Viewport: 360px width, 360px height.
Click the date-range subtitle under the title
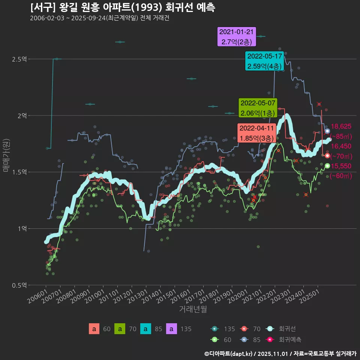click(99, 18)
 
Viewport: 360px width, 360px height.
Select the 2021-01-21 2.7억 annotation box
click(236, 37)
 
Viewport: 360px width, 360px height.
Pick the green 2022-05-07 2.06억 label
click(258, 108)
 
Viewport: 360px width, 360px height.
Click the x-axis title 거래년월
click(193, 309)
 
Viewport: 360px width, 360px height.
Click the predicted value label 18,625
click(341, 126)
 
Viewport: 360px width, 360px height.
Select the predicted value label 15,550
click(341, 166)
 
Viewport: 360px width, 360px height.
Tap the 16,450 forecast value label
click(341, 146)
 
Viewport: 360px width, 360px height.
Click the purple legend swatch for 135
click(171, 329)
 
